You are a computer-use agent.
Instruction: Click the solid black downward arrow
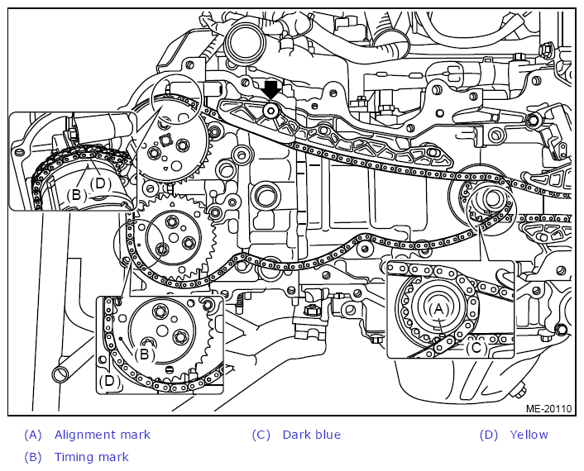[x=271, y=90]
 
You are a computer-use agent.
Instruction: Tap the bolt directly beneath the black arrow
[x=271, y=111]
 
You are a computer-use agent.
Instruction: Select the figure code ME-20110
[x=548, y=408]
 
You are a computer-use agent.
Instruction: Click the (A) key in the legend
[x=33, y=435]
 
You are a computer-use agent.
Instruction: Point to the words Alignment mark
[x=103, y=435]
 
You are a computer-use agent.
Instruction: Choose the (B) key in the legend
[x=33, y=457]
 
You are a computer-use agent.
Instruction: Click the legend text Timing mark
[x=92, y=457]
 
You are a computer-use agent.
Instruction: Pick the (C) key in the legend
[x=261, y=435]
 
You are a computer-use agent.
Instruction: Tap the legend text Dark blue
[x=312, y=435]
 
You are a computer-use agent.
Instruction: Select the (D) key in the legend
[x=489, y=435]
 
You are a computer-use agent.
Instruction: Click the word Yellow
[x=529, y=435]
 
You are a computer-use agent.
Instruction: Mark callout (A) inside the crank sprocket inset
[x=439, y=309]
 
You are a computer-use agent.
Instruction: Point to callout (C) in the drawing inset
[x=476, y=348]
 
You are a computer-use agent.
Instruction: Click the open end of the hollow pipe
[x=60, y=373]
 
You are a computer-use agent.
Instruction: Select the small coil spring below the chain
[x=240, y=300]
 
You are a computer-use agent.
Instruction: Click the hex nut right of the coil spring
[x=310, y=310]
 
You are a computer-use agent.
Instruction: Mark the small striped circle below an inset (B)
[x=169, y=369]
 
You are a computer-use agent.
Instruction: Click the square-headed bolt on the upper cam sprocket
[x=165, y=140]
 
